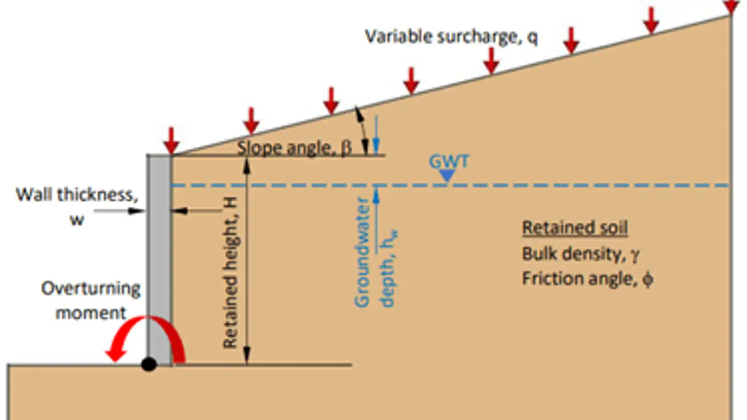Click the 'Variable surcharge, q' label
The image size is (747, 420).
tap(451, 37)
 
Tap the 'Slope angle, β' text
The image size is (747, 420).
tap(294, 148)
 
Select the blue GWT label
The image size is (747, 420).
tap(448, 161)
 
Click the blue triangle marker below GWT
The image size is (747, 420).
tap(447, 175)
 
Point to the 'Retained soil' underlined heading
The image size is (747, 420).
tap(575, 227)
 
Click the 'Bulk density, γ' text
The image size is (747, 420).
tap(580, 254)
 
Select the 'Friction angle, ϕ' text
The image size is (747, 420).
tap(587, 279)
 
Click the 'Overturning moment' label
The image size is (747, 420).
tap(90, 300)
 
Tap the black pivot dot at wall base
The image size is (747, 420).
tap(149, 364)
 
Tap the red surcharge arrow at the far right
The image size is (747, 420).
tap(730, 6)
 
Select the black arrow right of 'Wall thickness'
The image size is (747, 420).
tap(119, 211)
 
